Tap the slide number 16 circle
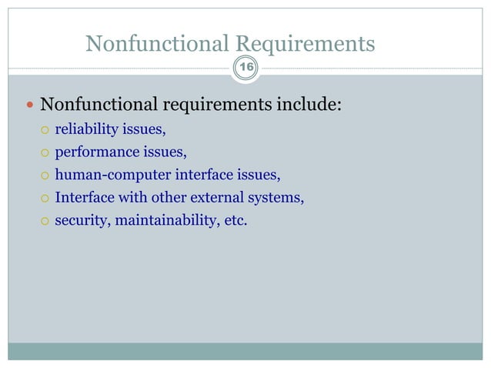pos(246,69)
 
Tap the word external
pos(224,199)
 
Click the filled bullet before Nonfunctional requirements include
pos(28,105)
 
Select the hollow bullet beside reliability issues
pos(45,129)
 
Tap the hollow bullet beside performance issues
pos(45,152)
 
